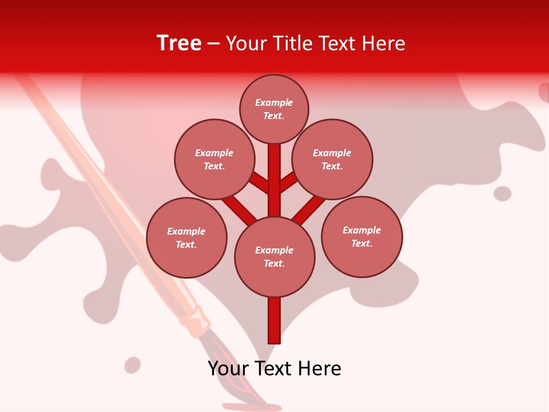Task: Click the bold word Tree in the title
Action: tap(179, 43)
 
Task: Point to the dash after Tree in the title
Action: tap(213, 43)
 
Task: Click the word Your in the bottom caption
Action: tap(228, 368)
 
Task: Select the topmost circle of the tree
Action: tap(274, 109)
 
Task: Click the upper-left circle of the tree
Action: tap(214, 159)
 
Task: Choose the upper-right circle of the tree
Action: tap(332, 159)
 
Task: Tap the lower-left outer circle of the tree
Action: tap(186, 237)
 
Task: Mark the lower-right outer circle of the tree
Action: tap(361, 236)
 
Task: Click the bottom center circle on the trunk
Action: tap(274, 257)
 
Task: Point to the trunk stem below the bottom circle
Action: tap(274, 320)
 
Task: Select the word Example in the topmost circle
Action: tap(274, 102)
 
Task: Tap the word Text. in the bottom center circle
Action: tap(274, 264)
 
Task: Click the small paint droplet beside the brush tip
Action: tap(133, 365)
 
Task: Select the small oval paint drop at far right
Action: tap(502, 193)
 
